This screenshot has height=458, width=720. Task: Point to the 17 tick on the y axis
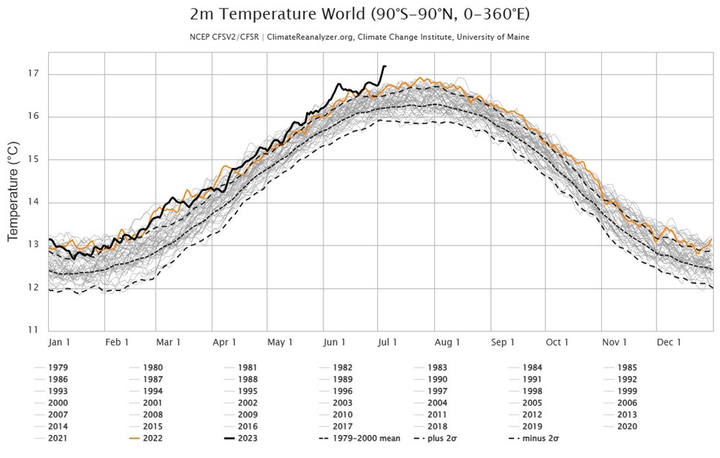click(33, 74)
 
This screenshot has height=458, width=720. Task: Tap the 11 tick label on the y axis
click(33, 331)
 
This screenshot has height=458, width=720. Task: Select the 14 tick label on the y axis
click(33, 202)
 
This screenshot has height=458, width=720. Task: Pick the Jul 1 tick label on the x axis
click(387, 342)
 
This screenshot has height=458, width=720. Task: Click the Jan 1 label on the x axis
click(59, 342)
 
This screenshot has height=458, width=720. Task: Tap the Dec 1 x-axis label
click(669, 342)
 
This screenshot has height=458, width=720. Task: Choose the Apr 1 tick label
click(225, 342)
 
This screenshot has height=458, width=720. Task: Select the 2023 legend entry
click(247, 438)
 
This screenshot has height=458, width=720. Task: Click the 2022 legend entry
click(152, 438)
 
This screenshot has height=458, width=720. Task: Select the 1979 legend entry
click(58, 367)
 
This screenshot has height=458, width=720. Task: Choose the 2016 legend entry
click(247, 426)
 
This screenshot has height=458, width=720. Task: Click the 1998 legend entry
click(532, 391)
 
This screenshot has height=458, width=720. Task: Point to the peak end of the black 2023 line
click(385, 66)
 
